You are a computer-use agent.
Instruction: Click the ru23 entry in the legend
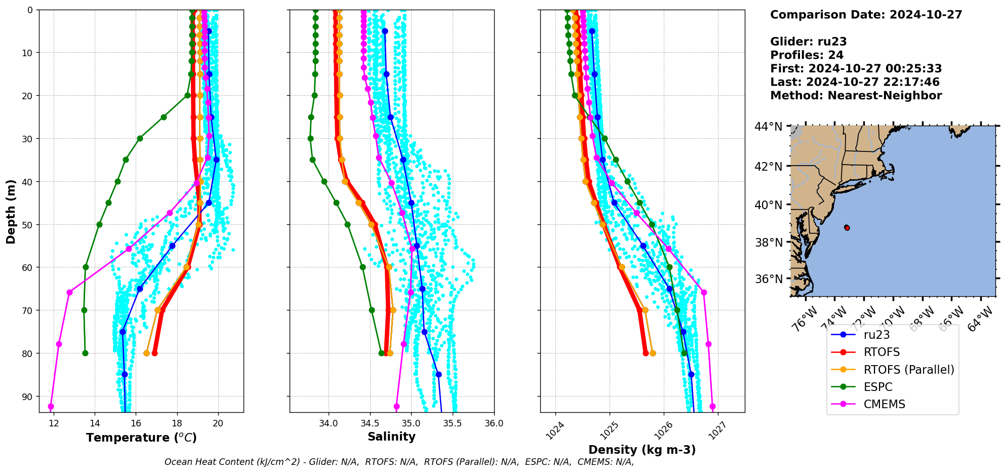click(x=876, y=335)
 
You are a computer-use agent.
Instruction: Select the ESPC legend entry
click(x=878, y=387)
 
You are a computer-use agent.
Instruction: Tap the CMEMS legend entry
click(x=884, y=404)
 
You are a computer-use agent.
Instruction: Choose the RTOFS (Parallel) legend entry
click(x=908, y=370)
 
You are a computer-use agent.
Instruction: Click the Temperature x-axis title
click(x=141, y=438)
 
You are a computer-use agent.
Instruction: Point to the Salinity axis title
click(x=391, y=437)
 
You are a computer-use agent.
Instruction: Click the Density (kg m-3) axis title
click(x=642, y=450)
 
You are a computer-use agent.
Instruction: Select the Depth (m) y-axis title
click(x=11, y=211)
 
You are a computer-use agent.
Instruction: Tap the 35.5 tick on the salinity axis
click(x=452, y=423)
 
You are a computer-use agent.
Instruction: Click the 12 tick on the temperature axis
click(x=54, y=423)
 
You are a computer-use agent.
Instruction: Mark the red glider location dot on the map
click(x=847, y=228)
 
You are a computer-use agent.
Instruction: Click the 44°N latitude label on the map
click(x=769, y=127)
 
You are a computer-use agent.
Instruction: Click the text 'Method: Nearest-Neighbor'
click(x=856, y=96)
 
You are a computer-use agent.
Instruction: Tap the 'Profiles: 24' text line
click(x=807, y=55)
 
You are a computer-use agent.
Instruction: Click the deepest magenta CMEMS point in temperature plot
click(x=51, y=407)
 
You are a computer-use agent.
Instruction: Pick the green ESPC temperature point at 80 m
click(x=85, y=353)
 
